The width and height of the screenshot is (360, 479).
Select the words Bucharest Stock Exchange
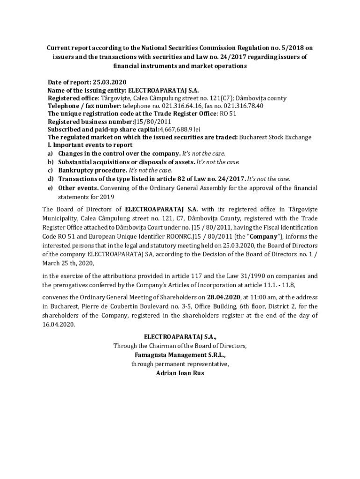(x=275, y=138)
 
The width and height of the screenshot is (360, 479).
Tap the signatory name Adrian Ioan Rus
(x=180, y=373)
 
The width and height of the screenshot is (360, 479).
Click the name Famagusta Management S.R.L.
(x=180, y=355)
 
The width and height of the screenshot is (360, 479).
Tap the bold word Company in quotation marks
(x=264, y=236)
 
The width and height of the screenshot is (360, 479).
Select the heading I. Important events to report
(x=90, y=145)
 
